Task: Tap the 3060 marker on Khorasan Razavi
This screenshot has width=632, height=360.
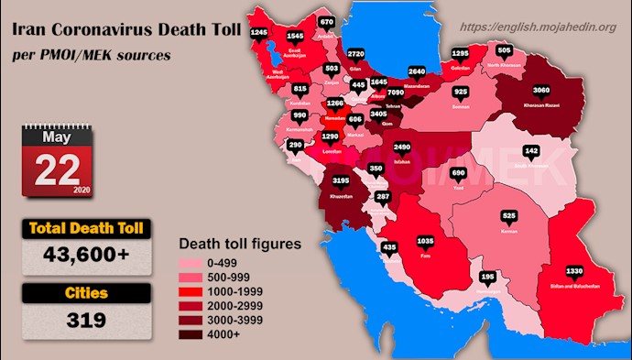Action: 542,91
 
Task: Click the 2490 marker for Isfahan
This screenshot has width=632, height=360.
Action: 401,147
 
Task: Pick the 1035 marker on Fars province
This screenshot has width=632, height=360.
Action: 425,241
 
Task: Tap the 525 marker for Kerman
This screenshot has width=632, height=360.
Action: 511,216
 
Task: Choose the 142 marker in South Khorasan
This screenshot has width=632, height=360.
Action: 531,149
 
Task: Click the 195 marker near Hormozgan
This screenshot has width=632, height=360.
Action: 488,276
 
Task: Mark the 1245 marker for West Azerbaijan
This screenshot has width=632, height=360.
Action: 258,33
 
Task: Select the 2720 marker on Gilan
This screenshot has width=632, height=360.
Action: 360,54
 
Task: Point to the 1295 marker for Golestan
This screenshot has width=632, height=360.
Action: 461,54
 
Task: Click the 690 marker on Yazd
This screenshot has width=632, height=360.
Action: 460,172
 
